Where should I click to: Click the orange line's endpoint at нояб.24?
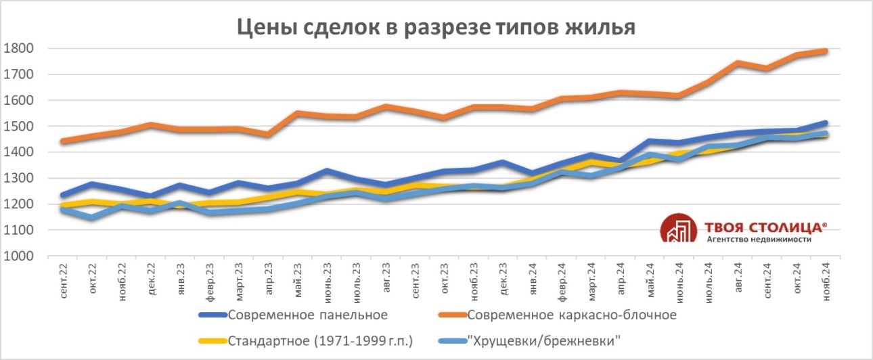click(x=825, y=51)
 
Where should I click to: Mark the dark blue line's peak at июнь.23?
click(x=327, y=171)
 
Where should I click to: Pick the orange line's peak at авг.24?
click(x=737, y=63)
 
